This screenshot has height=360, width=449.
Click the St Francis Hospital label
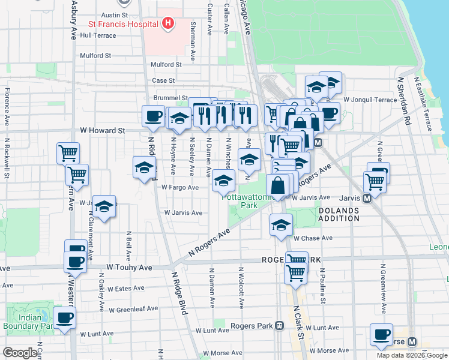tap(123, 25)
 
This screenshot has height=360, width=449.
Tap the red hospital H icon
tap(168, 24)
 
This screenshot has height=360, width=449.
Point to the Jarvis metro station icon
tap(367, 198)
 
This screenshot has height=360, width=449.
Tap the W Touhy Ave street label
tap(127, 266)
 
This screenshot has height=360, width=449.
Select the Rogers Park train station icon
tap(280, 326)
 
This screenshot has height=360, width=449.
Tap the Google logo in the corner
tap(20, 353)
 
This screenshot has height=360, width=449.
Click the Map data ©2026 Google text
tap(411, 355)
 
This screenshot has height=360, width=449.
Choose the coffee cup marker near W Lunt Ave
tap(65, 318)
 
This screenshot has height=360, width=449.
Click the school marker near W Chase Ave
tap(280, 225)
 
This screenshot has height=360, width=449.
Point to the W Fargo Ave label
tap(179, 187)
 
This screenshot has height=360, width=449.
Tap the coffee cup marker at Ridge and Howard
tap(153, 116)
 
